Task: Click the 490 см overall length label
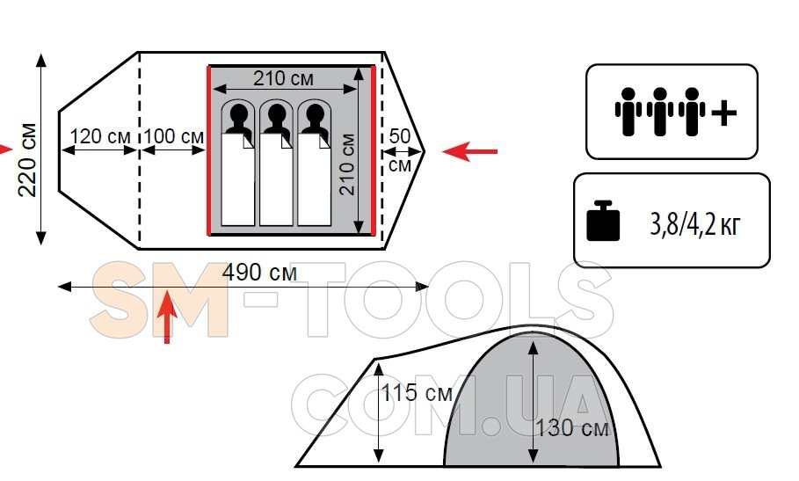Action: click(x=259, y=273)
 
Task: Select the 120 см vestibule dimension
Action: click(x=100, y=137)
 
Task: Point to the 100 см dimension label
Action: click(x=173, y=137)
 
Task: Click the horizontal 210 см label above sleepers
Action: click(x=283, y=78)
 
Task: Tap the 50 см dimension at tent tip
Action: click(x=399, y=149)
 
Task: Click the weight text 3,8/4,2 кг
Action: click(x=695, y=225)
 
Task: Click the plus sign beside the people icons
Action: click(x=723, y=113)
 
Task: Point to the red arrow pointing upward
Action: click(x=167, y=321)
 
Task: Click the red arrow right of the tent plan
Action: click(x=470, y=152)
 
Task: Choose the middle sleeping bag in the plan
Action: click(x=276, y=180)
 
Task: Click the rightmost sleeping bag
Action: click(x=314, y=180)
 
